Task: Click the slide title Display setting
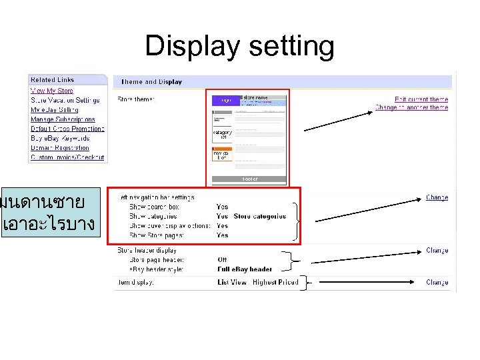click(239, 46)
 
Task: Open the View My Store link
click(52, 91)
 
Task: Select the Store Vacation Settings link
click(65, 100)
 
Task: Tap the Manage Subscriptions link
click(63, 119)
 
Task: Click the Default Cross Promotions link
click(67, 129)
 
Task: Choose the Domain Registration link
click(59, 148)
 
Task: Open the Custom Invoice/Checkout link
click(67, 157)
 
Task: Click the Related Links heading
click(52, 80)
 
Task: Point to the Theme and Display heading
click(151, 82)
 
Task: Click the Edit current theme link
click(421, 99)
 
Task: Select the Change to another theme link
click(411, 107)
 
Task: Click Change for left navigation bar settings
click(437, 197)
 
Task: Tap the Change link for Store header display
click(437, 251)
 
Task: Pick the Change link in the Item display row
click(437, 282)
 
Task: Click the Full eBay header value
click(245, 269)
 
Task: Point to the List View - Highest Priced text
click(257, 283)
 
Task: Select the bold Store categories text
click(260, 216)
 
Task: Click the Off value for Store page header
click(222, 259)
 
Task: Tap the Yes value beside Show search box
click(222, 207)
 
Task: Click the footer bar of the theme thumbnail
click(249, 179)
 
